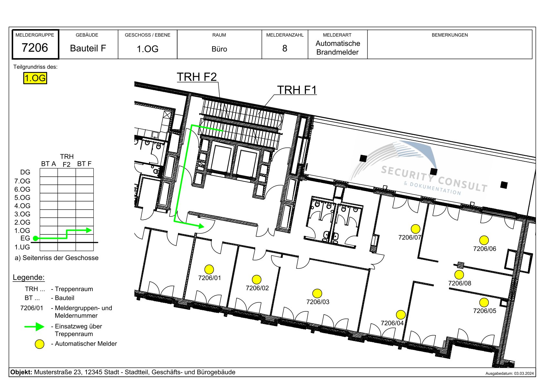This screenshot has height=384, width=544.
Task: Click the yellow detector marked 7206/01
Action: [209, 269]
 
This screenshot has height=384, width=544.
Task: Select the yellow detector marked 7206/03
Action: [317, 293]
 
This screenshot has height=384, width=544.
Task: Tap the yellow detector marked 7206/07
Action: [415, 229]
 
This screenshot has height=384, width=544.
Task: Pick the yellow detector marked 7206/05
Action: [484, 302]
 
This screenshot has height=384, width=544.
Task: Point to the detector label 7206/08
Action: [459, 283]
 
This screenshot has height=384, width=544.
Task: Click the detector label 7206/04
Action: [392, 323]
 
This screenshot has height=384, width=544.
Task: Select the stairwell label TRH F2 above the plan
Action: [196, 77]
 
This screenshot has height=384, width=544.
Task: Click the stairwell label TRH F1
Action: [297, 90]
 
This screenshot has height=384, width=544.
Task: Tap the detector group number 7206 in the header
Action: [35, 47]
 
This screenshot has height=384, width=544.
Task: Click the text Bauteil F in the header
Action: [88, 48]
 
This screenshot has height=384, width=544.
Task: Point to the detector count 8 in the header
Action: [285, 48]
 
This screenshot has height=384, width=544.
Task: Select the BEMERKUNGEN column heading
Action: [450, 35]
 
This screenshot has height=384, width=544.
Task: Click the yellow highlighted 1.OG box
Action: [35, 78]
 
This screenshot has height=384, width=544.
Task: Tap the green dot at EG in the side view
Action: [36, 238]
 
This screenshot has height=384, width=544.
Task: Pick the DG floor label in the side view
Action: [25, 172]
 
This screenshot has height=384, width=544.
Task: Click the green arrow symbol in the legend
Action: [34, 327]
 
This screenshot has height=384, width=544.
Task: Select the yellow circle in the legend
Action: [40, 344]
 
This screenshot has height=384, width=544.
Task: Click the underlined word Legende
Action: [29, 277]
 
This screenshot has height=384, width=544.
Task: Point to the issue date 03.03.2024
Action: [524, 374]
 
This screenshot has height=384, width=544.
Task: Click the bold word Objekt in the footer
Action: [21, 372]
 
